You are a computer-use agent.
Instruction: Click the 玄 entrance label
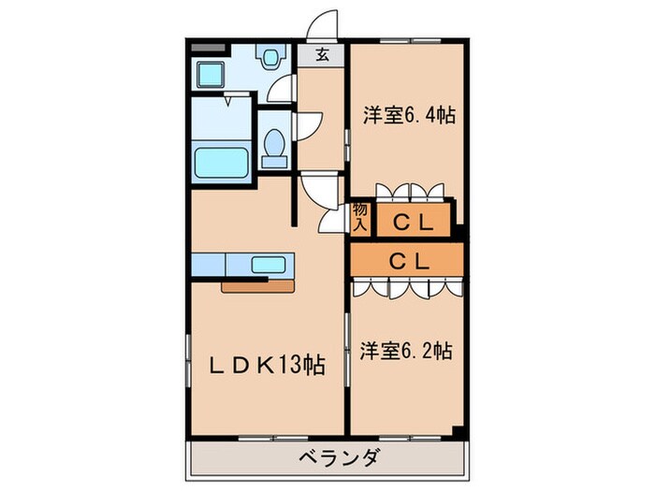pos(321,55)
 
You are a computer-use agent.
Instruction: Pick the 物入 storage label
pos(360,218)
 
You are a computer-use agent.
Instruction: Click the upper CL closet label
pos(411,223)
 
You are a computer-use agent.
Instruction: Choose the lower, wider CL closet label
pos(408,261)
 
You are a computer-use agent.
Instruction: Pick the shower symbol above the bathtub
pos(229,100)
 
